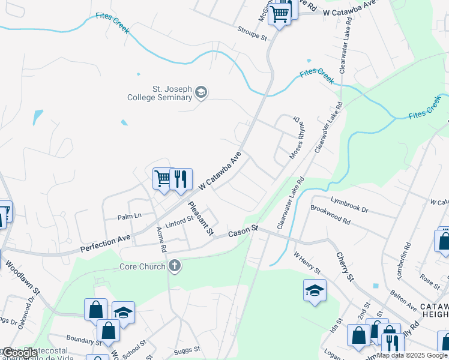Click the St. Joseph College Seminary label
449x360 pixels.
(159, 93)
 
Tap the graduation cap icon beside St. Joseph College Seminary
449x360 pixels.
(201, 93)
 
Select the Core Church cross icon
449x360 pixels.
(174, 266)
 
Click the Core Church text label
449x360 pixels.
(142, 266)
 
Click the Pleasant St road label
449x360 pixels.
(200, 218)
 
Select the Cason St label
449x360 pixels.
(242, 230)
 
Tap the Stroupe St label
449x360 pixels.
(252, 33)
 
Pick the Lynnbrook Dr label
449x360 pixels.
(349, 203)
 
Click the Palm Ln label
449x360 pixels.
(129, 216)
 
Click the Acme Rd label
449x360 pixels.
(161, 239)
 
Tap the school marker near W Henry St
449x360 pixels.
(315, 291)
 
